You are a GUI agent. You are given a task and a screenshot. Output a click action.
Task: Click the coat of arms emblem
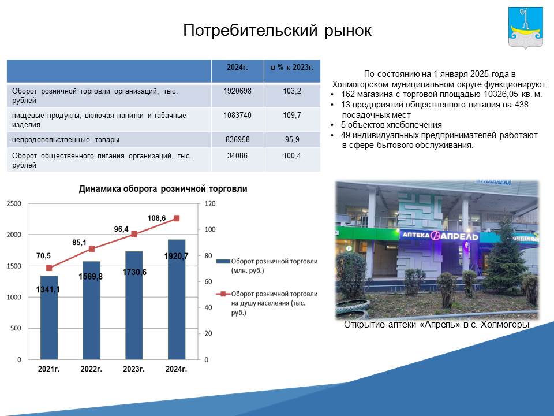point(525,28)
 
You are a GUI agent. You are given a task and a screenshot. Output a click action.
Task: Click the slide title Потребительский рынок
point(278,31)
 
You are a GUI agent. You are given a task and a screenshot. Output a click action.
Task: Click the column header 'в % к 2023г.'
point(292,67)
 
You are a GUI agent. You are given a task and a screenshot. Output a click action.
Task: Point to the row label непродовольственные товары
point(66,140)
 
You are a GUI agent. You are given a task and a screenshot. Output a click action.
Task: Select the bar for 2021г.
point(49,318)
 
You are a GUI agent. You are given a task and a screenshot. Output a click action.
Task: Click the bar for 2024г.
point(177,300)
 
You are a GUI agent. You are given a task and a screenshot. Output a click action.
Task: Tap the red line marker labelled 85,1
point(92,249)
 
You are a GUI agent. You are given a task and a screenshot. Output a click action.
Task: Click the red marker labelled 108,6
point(177,218)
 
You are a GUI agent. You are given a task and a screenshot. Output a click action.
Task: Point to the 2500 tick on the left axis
point(14,204)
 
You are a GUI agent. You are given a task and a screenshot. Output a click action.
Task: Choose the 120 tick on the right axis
point(210,204)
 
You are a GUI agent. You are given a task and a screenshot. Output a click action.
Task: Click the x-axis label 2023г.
point(133,369)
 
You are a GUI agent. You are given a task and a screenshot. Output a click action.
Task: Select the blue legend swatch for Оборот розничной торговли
point(223,261)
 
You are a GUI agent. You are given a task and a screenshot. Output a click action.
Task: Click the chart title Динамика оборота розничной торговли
point(163,188)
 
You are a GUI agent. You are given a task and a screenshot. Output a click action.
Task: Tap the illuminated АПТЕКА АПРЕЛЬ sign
point(440,236)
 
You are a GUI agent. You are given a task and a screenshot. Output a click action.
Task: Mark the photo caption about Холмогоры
point(437,325)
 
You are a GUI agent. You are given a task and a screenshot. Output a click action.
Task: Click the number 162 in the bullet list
point(347,94)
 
